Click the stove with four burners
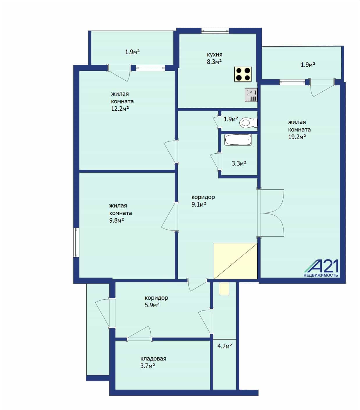click(x=243, y=74)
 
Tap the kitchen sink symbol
click(x=251, y=95)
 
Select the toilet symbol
click(x=248, y=123)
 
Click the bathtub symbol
click(x=238, y=140)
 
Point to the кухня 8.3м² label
click(x=214, y=58)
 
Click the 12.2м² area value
click(x=120, y=109)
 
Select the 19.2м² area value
click(x=297, y=137)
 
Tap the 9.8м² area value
click(x=117, y=220)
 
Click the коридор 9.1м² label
click(x=203, y=200)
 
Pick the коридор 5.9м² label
click(x=156, y=301)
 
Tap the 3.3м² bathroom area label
click(x=239, y=163)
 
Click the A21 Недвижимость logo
click(x=321, y=268)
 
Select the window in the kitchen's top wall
click(x=215, y=31)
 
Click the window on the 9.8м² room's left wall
click(x=76, y=242)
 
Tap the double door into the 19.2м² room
click(x=271, y=213)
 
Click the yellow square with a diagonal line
click(x=236, y=261)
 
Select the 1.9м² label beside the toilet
click(x=231, y=119)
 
